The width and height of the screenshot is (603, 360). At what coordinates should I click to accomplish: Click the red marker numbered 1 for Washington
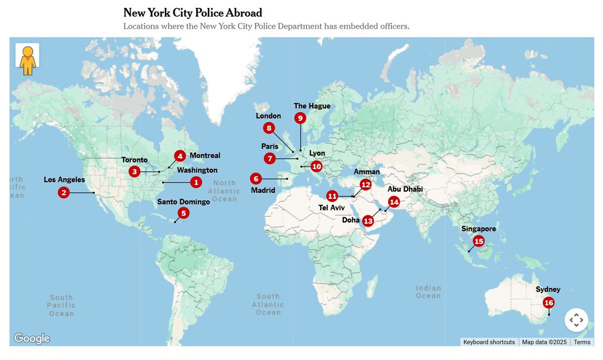[196, 182]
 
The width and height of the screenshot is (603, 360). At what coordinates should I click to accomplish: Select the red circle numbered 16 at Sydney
[549, 303]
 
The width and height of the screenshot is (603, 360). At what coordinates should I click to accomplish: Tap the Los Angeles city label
[64, 180]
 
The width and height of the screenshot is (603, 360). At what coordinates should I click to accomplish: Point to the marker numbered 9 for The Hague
[300, 118]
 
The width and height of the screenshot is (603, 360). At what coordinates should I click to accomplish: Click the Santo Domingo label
[183, 202]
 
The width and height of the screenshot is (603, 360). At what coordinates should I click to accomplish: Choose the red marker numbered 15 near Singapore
[478, 242]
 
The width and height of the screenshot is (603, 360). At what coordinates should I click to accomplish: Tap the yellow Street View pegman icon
[27, 60]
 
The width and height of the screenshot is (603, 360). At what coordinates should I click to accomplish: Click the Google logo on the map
[32, 338]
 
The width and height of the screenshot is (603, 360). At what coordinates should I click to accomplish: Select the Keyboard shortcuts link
[489, 342]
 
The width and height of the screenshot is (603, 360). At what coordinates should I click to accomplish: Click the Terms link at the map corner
[582, 342]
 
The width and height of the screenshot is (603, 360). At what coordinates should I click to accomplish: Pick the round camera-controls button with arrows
[576, 320]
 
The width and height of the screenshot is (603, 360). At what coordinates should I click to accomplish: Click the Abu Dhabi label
[405, 189]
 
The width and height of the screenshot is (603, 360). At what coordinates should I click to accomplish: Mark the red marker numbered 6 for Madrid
[256, 178]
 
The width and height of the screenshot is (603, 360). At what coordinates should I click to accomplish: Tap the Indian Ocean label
[428, 292]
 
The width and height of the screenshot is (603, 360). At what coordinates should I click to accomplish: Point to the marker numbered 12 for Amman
[365, 185]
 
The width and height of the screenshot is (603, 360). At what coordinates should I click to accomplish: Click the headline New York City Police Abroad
[192, 13]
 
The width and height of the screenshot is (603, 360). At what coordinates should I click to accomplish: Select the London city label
[268, 116]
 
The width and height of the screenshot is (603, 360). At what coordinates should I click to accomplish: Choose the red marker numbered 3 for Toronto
[134, 172]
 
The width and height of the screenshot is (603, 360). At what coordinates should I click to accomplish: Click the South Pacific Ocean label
[61, 305]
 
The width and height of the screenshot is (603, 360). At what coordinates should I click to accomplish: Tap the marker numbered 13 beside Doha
[368, 221]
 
